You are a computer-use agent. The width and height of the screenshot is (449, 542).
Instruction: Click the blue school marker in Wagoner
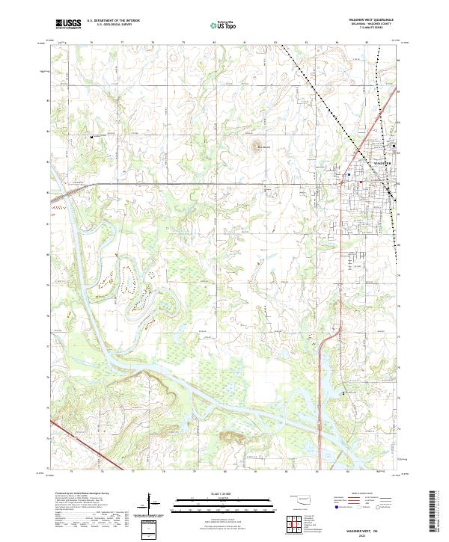[x=349, y=176]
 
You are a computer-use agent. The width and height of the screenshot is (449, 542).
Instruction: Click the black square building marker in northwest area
[x=92, y=138]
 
